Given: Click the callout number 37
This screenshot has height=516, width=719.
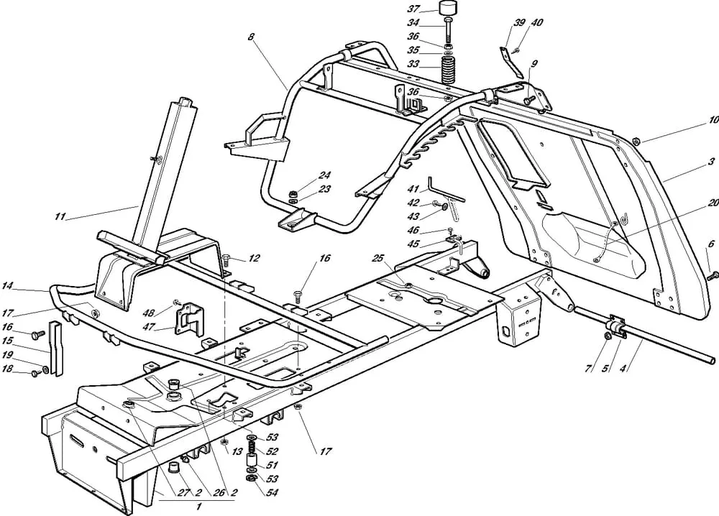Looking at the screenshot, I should [434, 9].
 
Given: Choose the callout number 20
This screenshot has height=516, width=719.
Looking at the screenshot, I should [713, 204].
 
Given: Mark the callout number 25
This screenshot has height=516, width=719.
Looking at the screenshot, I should [378, 257].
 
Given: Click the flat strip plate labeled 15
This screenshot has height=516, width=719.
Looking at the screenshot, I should [55, 349].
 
